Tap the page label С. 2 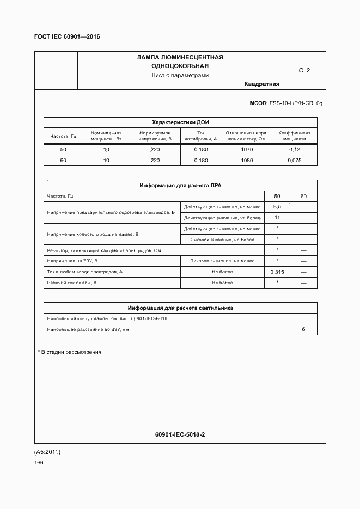304,71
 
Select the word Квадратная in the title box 262,84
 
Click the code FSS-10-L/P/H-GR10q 294,103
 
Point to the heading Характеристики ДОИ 180,122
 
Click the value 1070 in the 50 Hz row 246,149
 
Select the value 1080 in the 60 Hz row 246,160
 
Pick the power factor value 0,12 294,149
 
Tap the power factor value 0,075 294,160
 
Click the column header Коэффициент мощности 294,136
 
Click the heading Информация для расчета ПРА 180,186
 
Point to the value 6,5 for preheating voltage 277,207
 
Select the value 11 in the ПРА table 277,218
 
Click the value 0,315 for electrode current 277,272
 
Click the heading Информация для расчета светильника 180,308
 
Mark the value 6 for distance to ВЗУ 303,329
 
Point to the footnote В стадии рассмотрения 71,352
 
